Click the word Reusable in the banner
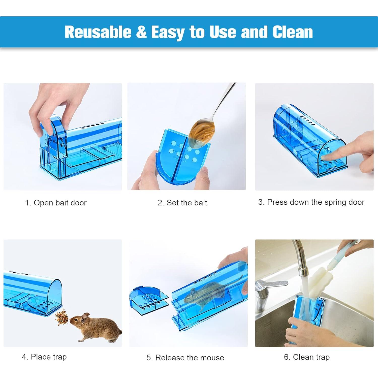[x=98, y=32]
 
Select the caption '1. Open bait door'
[x=56, y=203]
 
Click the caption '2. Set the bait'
[x=182, y=203]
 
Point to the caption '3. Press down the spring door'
[x=311, y=202]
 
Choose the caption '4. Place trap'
[x=44, y=357]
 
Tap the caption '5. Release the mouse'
[x=185, y=358]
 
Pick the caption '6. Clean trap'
[x=307, y=357]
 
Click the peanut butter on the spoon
[x=202, y=131]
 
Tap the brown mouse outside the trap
[x=98, y=328]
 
